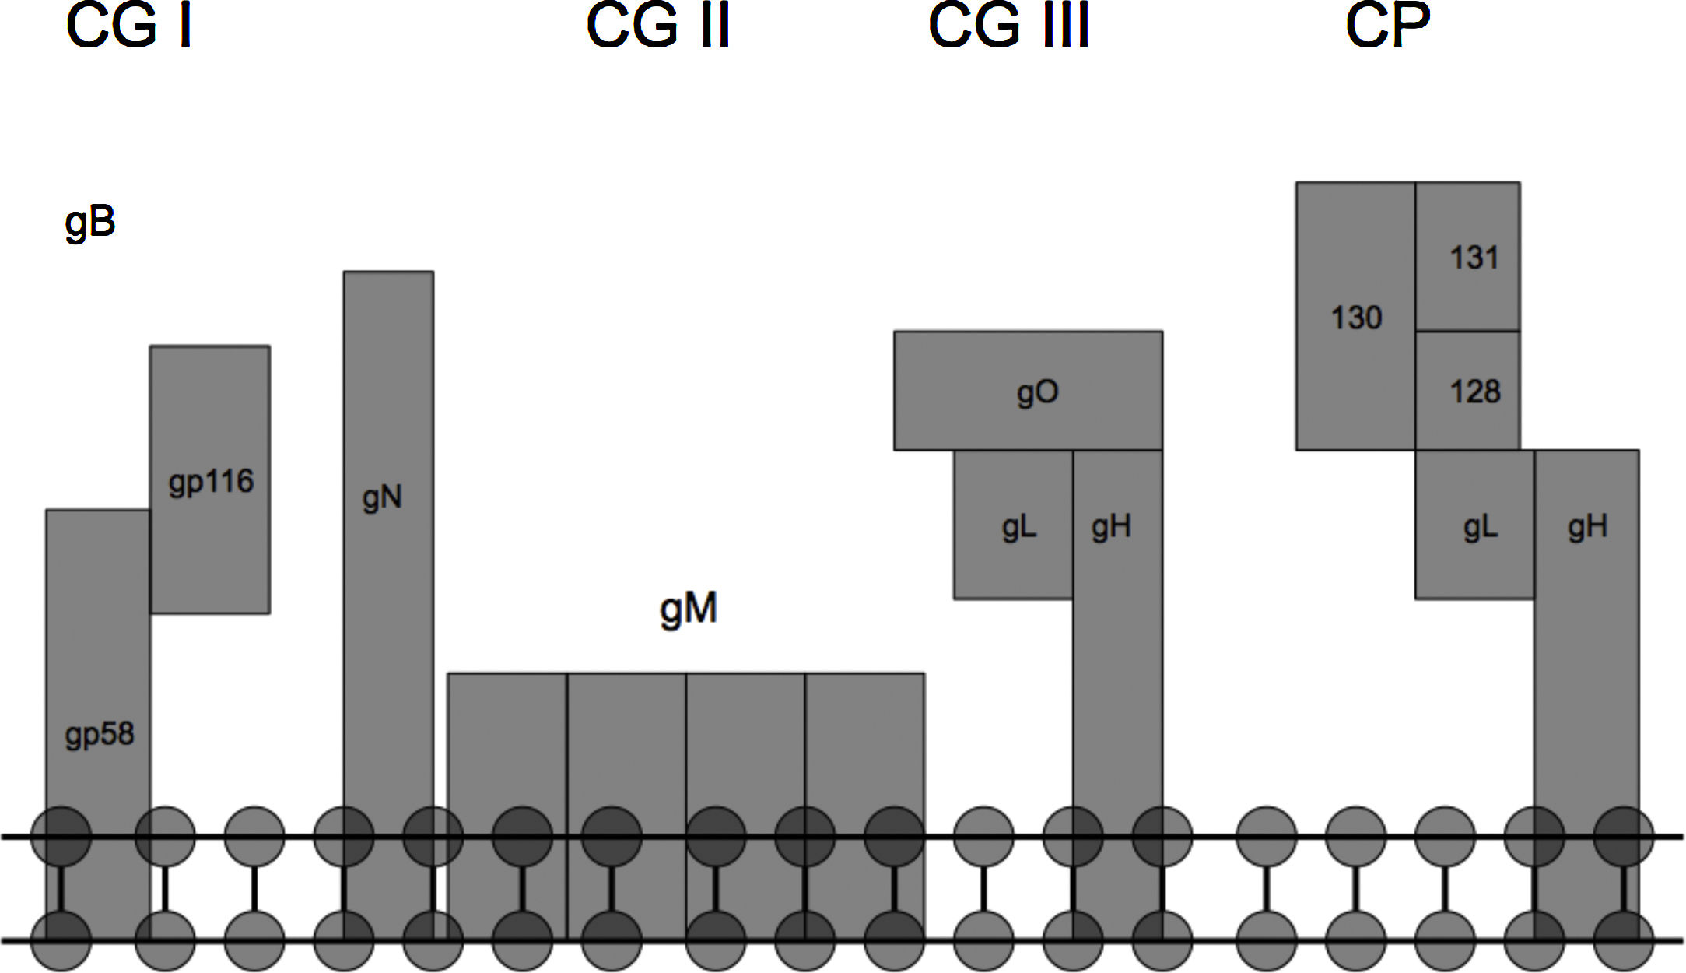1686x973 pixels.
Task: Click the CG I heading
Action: coord(129,27)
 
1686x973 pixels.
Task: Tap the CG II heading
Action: coord(657,27)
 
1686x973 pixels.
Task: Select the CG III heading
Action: coord(1008,27)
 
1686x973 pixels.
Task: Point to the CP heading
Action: coord(1387,27)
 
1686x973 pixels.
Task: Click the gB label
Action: coord(90,223)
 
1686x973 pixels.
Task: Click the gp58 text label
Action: coord(100,734)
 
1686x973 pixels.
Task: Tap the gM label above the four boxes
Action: coord(688,609)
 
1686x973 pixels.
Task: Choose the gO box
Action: coord(1028,391)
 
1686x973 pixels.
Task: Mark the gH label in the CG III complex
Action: coord(1111,527)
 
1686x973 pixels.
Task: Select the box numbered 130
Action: coord(1355,317)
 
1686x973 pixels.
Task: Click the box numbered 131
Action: coord(1467,257)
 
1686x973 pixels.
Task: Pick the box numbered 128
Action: coord(1467,391)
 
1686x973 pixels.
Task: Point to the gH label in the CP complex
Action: coord(1587,527)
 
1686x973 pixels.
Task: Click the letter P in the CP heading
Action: coord(1411,27)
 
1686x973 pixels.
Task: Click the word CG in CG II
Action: coord(631,27)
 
